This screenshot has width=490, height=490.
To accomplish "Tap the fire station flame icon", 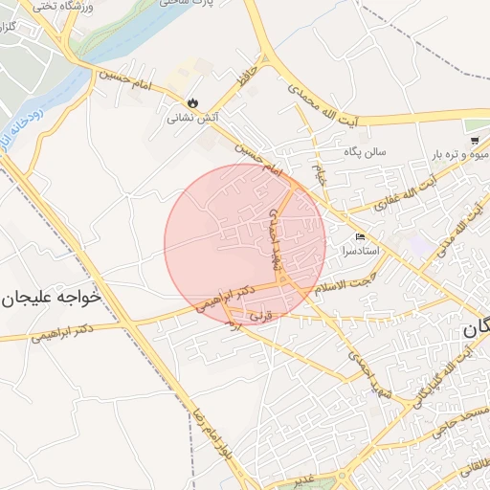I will [x=192, y=102].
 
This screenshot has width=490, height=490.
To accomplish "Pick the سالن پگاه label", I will [x=365, y=152].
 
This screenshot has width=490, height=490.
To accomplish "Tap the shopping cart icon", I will [x=475, y=140].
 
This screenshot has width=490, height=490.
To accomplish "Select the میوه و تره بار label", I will [x=460, y=154].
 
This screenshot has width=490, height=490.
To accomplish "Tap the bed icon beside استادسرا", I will [x=360, y=236].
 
